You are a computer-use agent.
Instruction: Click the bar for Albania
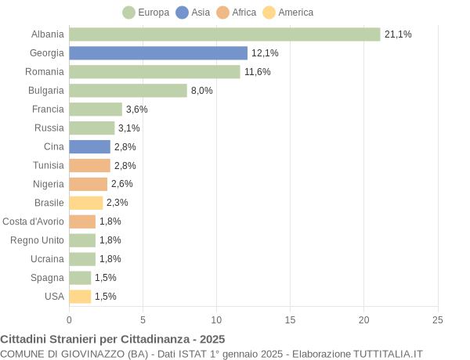tap(224, 34)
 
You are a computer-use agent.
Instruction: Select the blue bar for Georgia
tap(158, 53)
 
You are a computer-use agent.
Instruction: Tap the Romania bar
tap(154, 72)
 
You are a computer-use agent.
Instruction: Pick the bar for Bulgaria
tap(128, 91)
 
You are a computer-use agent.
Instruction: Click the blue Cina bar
tap(89, 147)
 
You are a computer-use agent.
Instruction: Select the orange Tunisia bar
tap(89, 166)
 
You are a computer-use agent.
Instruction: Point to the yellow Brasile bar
tap(85, 203)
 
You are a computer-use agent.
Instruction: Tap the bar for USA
tap(80, 297)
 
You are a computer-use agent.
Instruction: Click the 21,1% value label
tap(398, 34)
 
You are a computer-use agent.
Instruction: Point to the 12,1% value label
tap(265, 53)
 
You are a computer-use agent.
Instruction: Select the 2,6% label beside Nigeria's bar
tap(122, 184)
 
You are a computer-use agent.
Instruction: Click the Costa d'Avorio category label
tap(33, 221)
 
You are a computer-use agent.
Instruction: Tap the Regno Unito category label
tap(37, 240)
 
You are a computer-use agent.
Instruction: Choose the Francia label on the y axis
tap(48, 110)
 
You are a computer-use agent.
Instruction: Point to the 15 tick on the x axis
tap(291, 320)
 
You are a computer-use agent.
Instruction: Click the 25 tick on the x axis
tap(438, 320)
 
